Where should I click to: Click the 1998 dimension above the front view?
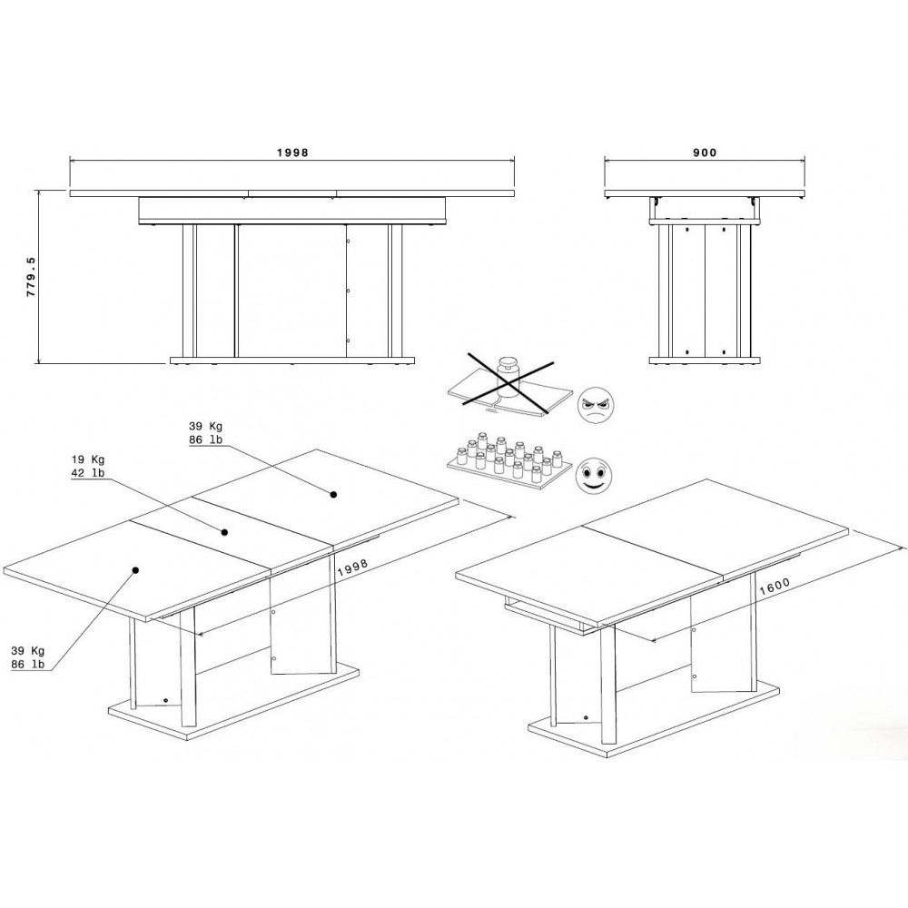pos(292,153)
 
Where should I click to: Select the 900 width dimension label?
pos(705,153)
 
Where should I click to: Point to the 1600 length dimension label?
pos(775,587)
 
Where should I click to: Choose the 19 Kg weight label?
pos(88,459)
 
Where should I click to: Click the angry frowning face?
pos(596,404)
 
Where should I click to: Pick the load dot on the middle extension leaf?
pos(224,532)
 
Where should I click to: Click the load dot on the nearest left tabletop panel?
pos(135,570)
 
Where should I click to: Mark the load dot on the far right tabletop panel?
pos(333,495)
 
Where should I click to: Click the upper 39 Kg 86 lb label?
pos(205,433)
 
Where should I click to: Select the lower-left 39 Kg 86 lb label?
pos(28,657)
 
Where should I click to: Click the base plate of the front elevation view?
pos(292,360)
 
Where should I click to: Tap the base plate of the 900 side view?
pos(705,360)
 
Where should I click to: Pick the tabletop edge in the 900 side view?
pos(705,193)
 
